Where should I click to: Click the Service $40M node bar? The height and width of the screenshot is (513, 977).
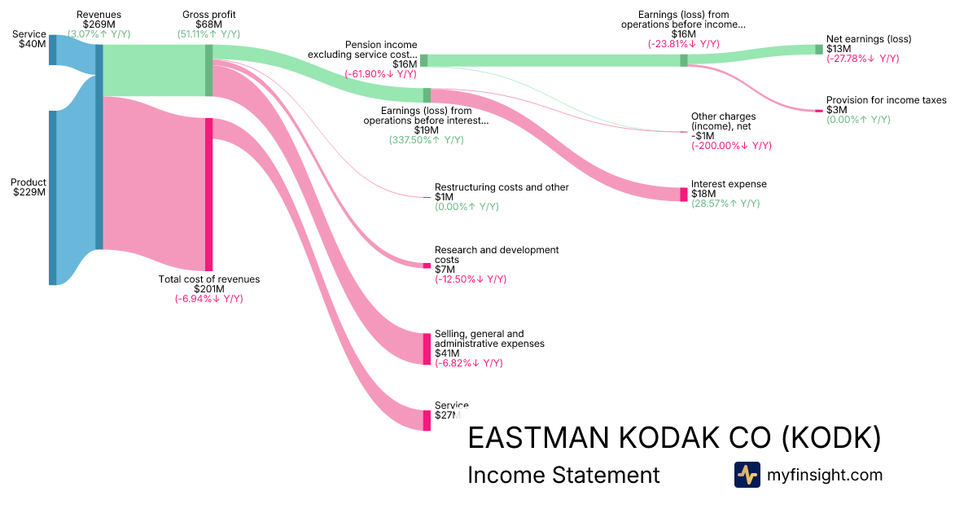tap(53, 49)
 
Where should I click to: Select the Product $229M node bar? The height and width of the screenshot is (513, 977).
tap(53, 197)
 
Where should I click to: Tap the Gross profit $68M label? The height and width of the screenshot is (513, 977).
tap(208, 15)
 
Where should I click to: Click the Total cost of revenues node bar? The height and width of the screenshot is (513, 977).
tap(209, 194)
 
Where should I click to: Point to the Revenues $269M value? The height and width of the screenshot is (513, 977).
tap(99, 24)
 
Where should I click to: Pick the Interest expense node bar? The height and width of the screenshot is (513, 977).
tap(684, 194)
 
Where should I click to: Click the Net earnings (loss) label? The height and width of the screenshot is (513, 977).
tap(869, 39)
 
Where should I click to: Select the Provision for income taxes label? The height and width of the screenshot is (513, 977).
tap(887, 100)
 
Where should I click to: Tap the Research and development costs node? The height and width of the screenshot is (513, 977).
tap(427, 265)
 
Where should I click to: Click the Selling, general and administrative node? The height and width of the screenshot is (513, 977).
tap(427, 349)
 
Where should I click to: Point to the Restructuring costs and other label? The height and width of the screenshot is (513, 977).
tap(502, 187)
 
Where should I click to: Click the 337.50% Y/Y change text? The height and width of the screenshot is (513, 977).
tap(427, 140)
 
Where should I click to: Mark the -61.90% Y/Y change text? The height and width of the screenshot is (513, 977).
tap(380, 74)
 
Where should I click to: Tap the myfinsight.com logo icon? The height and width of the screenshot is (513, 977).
tap(747, 475)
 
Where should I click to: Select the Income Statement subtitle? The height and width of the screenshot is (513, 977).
tap(563, 475)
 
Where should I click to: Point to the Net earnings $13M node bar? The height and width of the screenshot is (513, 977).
tap(819, 49)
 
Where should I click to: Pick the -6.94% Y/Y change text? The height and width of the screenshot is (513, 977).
tap(208, 299)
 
